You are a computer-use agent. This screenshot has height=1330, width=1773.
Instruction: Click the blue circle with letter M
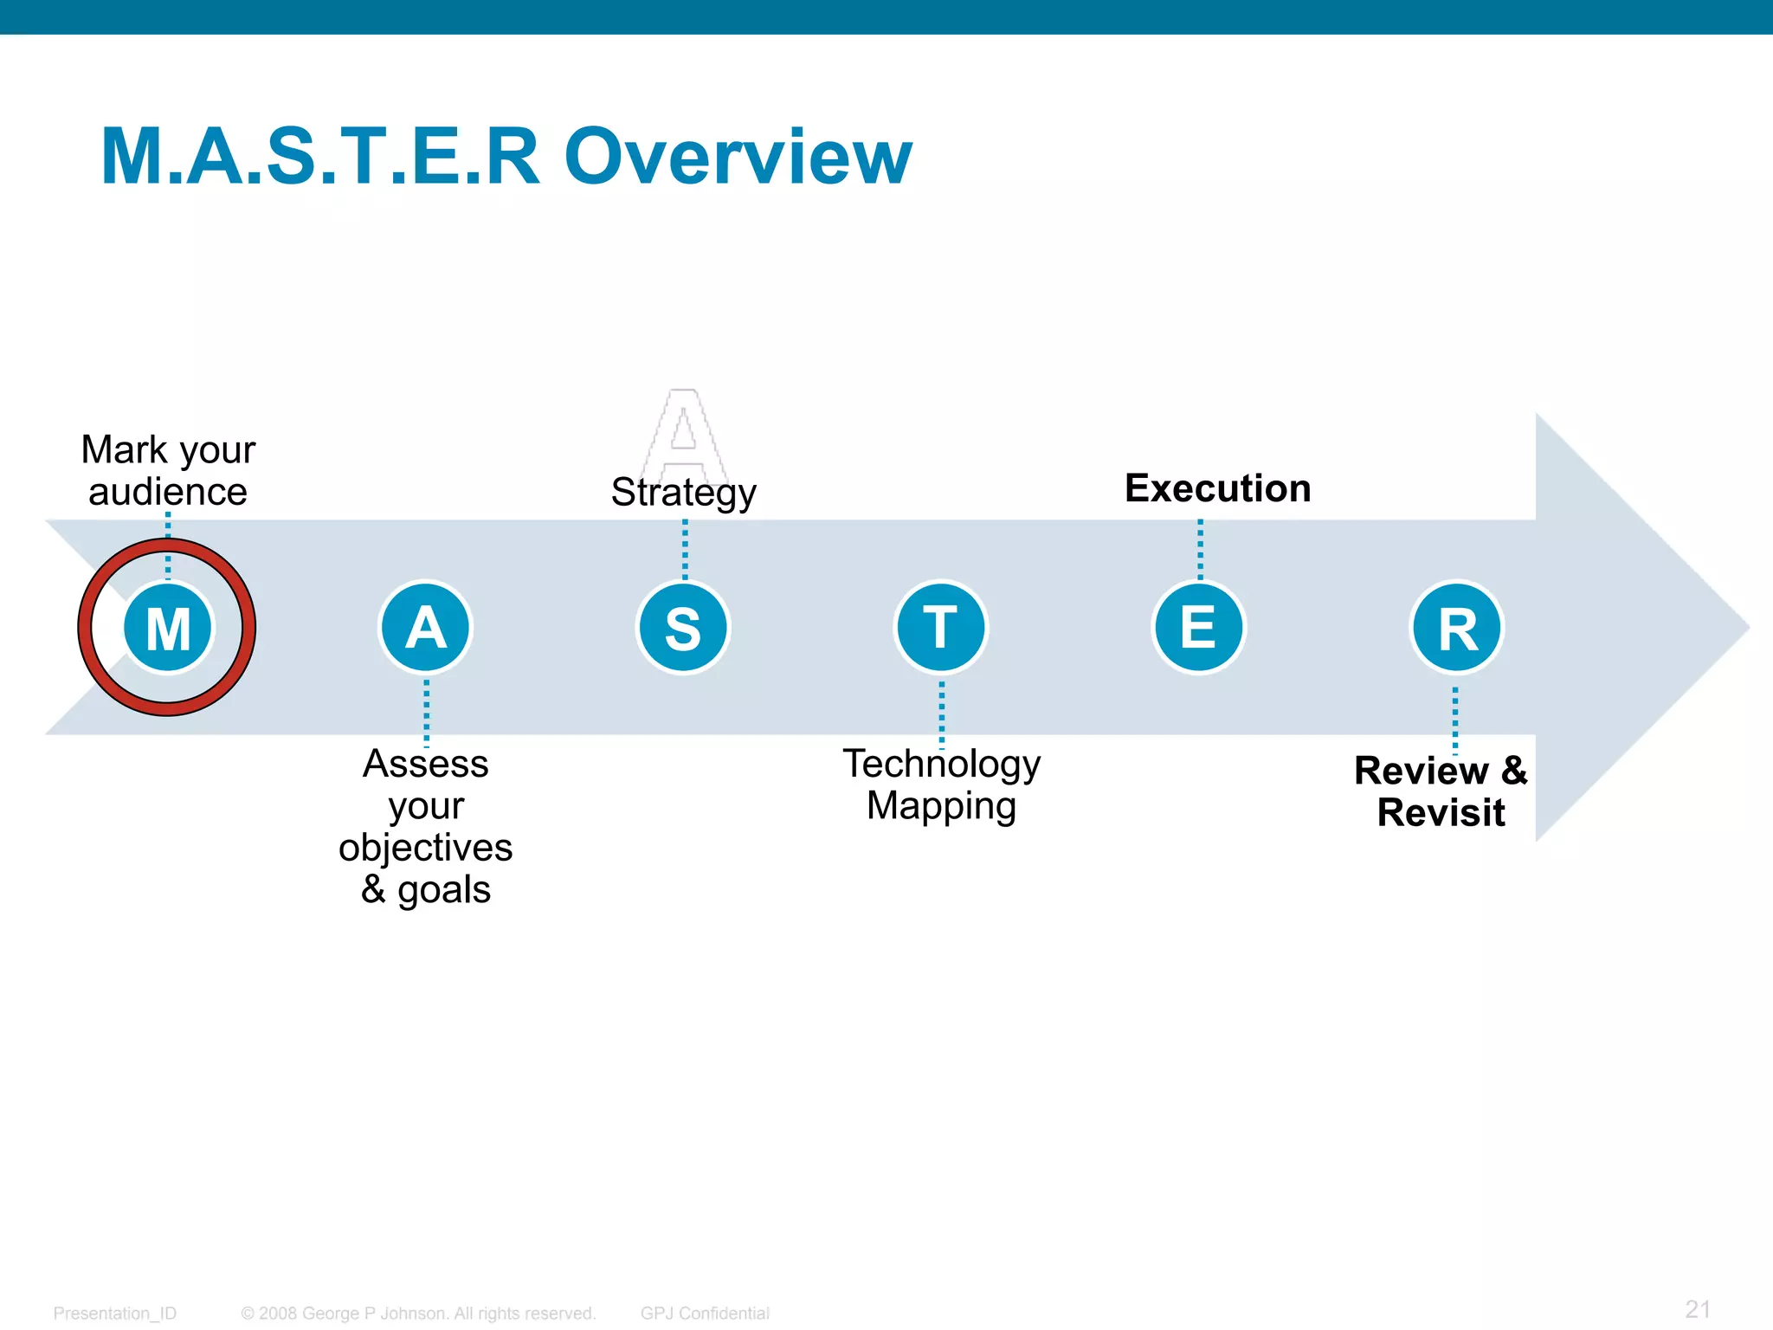pyautogui.click(x=168, y=628)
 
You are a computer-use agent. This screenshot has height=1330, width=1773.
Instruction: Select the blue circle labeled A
pyautogui.click(x=425, y=628)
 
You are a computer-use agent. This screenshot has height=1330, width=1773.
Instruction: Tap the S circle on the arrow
pyautogui.click(x=683, y=628)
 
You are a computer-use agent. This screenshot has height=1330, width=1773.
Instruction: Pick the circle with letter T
pyautogui.click(x=941, y=628)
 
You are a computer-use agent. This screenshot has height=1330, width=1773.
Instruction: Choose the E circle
pyautogui.click(x=1199, y=628)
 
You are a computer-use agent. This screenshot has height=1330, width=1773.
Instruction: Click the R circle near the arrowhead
pyautogui.click(x=1457, y=628)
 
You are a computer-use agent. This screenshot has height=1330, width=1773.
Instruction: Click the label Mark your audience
pyautogui.click(x=168, y=470)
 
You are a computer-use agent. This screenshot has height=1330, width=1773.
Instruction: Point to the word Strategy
pyautogui.click(x=683, y=493)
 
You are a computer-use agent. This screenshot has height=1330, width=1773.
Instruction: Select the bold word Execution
pyautogui.click(x=1217, y=488)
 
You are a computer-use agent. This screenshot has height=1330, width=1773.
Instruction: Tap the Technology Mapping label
pyautogui.click(x=941, y=784)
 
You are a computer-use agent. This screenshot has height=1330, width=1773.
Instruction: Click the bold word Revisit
pyautogui.click(x=1441, y=813)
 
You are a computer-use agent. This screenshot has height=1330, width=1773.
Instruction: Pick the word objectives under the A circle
pyautogui.click(x=425, y=848)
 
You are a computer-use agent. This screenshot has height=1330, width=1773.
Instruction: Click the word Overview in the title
pyautogui.click(x=738, y=157)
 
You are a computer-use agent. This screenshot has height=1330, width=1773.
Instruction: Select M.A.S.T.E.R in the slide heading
pyautogui.click(x=320, y=157)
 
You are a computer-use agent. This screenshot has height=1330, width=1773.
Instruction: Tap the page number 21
pyautogui.click(x=1698, y=1308)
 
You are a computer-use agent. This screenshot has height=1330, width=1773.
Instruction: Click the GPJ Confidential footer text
pyautogui.click(x=705, y=1313)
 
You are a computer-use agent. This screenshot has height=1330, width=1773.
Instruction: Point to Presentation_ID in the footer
pyautogui.click(x=114, y=1313)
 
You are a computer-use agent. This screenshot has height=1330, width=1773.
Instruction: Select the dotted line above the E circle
pyautogui.click(x=1200, y=549)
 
